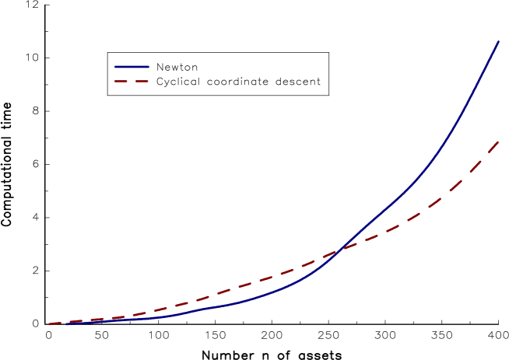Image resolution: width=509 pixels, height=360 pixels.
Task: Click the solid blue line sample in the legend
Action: pos(132,67)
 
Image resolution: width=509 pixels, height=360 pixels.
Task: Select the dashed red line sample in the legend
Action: pos(132,81)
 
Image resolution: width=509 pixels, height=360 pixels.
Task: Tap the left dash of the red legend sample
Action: pos(120,81)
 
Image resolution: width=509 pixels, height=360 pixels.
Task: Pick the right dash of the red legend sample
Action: pos(142,81)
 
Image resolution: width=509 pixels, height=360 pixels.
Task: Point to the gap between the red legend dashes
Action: pos(131,81)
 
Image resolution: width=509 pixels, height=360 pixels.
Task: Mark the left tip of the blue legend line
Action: pos(114,67)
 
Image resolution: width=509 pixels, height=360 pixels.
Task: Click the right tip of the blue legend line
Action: pos(149,67)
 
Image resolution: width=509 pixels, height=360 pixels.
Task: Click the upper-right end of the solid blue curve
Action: pos(498,41)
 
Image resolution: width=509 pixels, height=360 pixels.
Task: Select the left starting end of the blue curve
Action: pos(67,323)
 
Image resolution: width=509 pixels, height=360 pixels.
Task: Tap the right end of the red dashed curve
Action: pos(498,142)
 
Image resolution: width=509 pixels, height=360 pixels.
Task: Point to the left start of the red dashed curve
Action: pos(49,324)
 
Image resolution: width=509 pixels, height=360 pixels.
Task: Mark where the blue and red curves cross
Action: pos(339,250)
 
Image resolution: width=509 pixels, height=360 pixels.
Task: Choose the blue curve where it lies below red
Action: pos(233,303)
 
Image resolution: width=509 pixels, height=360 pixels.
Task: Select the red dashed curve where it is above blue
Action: pos(233,288)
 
